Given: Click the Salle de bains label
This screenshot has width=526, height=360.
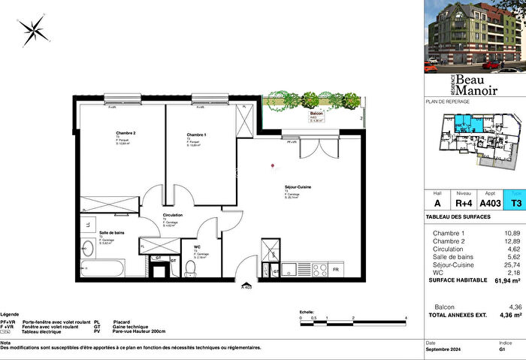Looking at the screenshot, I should pyautogui.click(x=112, y=233).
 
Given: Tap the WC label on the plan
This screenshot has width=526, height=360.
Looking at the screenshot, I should pyautogui.click(x=197, y=246).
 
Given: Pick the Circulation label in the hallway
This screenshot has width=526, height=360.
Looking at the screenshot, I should pyautogui.click(x=174, y=215).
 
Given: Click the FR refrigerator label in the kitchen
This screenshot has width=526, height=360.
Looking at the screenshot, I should pyautogui.click(x=335, y=269).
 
